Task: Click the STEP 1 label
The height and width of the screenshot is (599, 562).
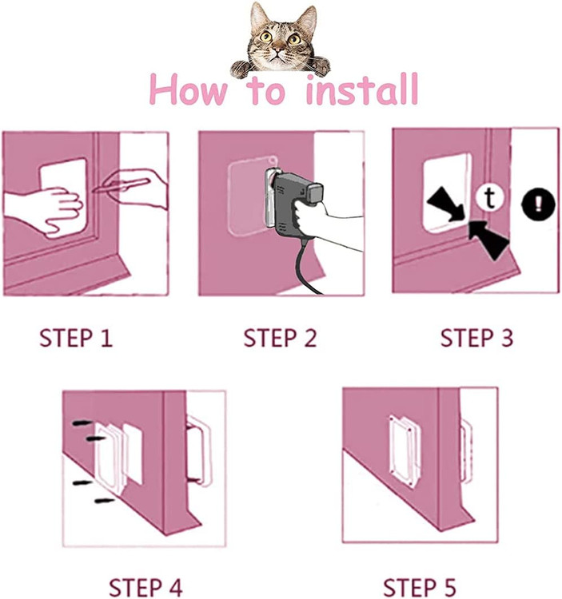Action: click(x=76, y=338)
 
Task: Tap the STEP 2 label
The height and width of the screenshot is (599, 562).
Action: click(x=281, y=338)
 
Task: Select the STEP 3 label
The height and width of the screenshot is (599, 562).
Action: click(x=476, y=338)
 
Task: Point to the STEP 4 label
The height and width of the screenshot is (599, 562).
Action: click(x=145, y=588)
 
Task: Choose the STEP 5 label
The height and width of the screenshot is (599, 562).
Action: click(x=420, y=588)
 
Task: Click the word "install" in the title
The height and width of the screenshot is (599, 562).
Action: click(x=362, y=90)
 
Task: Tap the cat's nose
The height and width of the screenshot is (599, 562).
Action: click(x=279, y=50)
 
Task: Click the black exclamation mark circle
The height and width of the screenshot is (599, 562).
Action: click(x=538, y=204)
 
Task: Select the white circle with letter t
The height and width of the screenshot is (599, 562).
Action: click(x=490, y=197)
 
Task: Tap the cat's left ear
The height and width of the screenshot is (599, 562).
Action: click(x=259, y=16)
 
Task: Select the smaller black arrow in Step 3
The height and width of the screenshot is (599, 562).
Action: click(x=448, y=204)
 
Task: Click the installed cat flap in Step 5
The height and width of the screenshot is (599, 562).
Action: click(x=404, y=451)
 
